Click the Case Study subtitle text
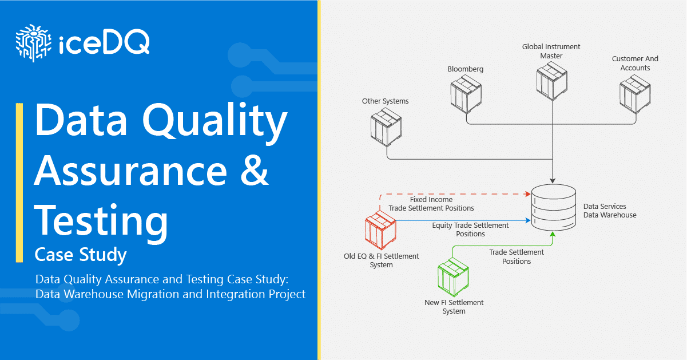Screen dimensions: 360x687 point(81,254)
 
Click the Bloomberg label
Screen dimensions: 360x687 point(465,69)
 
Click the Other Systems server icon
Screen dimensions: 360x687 point(386,127)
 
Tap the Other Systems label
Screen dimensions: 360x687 point(386,101)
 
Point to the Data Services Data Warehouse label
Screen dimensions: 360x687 point(609,211)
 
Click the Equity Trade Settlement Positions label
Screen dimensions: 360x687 point(470,230)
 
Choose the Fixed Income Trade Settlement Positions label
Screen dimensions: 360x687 point(431,204)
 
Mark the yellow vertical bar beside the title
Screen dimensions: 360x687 point(19,183)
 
